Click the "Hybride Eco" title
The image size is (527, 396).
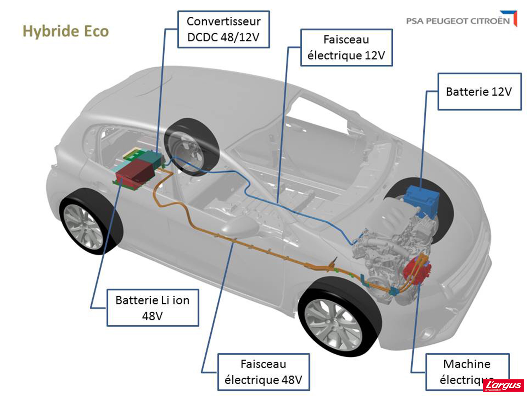click(x=65, y=31)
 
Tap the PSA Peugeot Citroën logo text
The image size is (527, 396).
click(x=457, y=21)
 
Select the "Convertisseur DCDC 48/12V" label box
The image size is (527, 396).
click(x=224, y=29)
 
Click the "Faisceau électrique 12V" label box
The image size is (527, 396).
click(x=346, y=47)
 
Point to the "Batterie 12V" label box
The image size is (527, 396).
click(x=479, y=92)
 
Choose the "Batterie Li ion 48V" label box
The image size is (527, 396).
click(x=153, y=308)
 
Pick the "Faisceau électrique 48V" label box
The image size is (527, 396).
click(x=263, y=372)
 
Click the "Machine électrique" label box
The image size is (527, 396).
click(x=467, y=371)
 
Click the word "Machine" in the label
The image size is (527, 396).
click(x=467, y=364)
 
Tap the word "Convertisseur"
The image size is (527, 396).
click(x=224, y=21)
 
